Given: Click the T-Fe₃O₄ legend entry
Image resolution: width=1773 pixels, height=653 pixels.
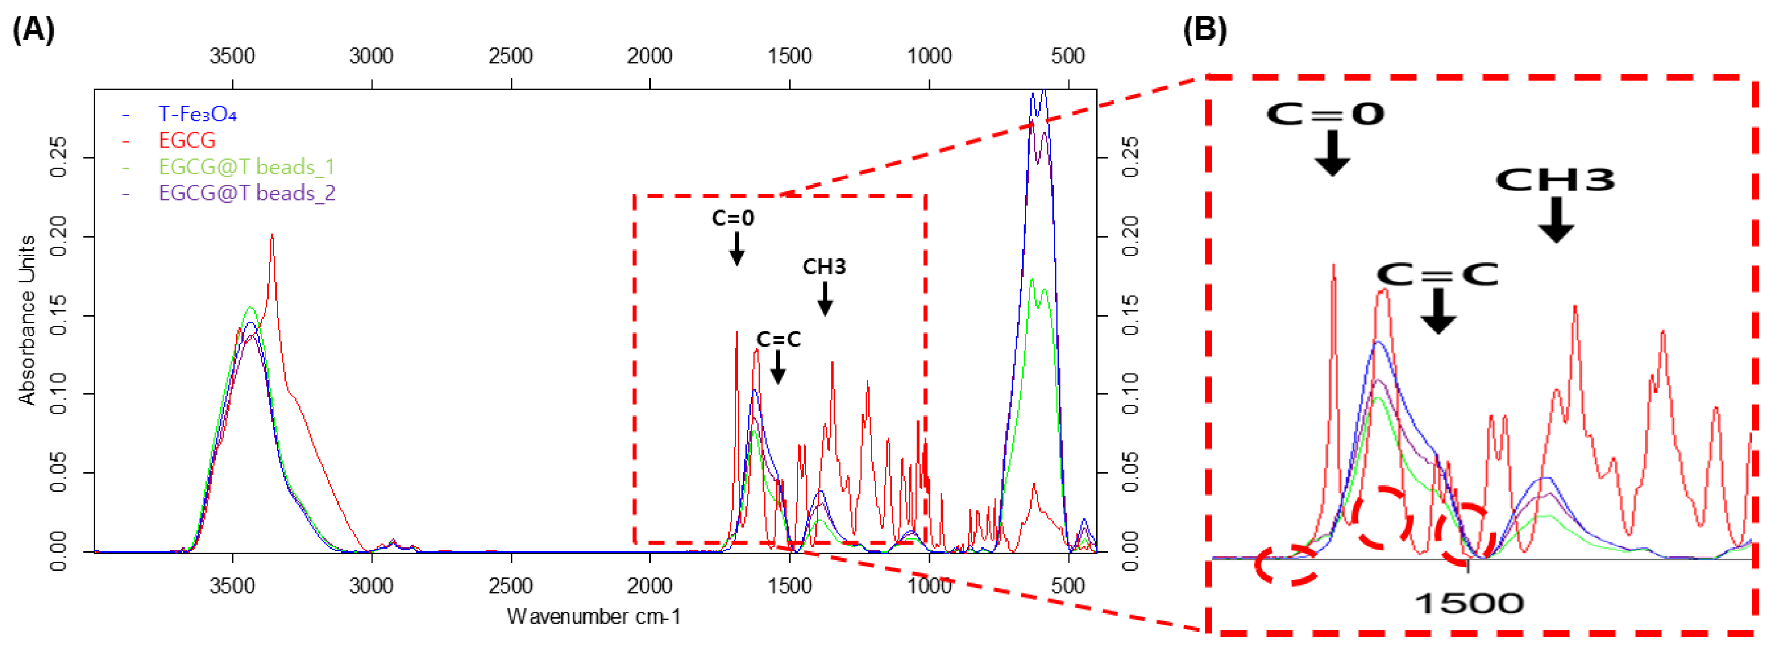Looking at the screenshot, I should click(197, 113).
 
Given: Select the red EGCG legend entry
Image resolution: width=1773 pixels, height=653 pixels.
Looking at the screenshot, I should click(187, 141).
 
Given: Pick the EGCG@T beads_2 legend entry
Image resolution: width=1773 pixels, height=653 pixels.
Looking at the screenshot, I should click(247, 192).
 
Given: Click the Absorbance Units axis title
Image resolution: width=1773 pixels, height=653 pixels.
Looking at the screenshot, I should click(28, 320).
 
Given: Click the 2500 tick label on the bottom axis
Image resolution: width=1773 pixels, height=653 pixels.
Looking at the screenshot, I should click(511, 586).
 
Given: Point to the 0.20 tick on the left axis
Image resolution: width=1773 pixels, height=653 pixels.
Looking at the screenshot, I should click(59, 236).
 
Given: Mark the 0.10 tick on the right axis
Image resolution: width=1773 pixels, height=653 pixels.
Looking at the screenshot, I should click(1131, 393).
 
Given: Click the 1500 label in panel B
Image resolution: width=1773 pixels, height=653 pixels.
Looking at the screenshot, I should click(1469, 603).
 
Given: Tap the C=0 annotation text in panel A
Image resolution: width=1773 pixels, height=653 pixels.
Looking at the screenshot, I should click(732, 218).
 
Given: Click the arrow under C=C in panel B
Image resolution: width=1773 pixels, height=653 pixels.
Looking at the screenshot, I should click(1438, 311).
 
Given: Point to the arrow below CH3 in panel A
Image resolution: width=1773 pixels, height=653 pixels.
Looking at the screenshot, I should click(824, 299).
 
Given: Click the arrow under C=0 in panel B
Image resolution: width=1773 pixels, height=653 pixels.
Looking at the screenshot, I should click(1332, 153).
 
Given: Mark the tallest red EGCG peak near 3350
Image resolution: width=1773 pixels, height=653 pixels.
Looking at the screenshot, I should click(272, 236).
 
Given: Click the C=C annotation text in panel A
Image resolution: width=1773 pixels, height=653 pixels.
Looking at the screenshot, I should click(779, 339).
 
